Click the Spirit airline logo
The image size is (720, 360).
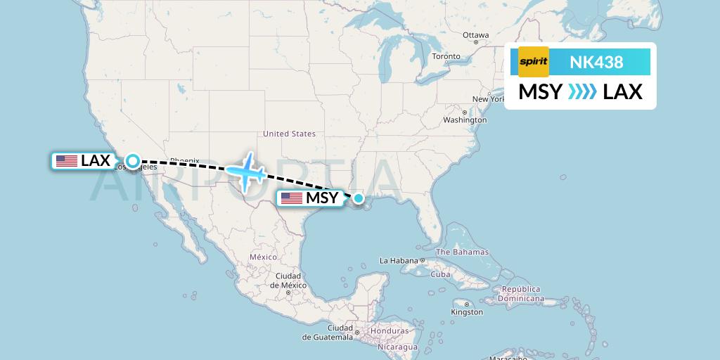pyautogui.click(x=533, y=62)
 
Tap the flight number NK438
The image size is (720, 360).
pyautogui.click(x=596, y=62)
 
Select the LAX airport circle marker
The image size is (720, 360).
pyautogui.click(x=132, y=161)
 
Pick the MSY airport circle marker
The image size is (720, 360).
pyautogui.click(x=359, y=198)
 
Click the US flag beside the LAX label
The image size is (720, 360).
pyautogui.click(x=67, y=161)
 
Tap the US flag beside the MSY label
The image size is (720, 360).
pyautogui.click(x=291, y=198)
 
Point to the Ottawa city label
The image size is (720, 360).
pyautogui.click(x=475, y=35)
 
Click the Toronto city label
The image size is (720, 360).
pyautogui.click(x=446, y=56)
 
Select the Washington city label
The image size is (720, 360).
pyautogui.click(x=464, y=120)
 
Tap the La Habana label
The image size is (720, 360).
pyautogui.click(x=399, y=261)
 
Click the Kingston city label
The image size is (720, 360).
pyautogui.click(x=467, y=311)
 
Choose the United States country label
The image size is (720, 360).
pyautogui.click(x=289, y=134)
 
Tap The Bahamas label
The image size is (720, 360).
pyautogui.click(x=462, y=252)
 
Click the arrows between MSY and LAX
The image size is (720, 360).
pyautogui.click(x=581, y=91)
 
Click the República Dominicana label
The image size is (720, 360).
pyautogui.click(x=521, y=293)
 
